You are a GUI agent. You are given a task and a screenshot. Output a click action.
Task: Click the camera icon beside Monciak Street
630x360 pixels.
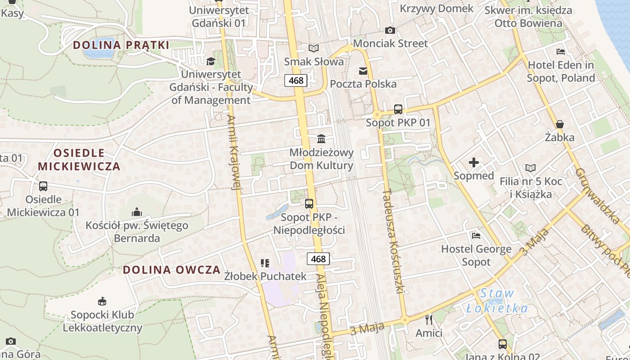(390, 30)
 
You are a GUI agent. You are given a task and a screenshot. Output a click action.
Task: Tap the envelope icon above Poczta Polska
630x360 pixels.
(363, 71)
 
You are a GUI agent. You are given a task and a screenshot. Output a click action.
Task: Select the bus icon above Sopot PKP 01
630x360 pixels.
(398, 109)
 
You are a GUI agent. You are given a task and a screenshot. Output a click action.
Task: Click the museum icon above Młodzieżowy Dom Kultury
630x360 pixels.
(321, 139)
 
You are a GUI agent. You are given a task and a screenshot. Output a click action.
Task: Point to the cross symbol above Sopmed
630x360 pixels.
(473, 162)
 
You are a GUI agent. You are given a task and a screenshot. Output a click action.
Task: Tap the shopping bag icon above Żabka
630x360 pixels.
(560, 124)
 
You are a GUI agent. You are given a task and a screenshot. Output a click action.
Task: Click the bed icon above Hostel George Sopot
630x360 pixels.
(476, 235)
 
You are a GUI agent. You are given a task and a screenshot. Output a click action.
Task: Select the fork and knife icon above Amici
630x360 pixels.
(429, 320)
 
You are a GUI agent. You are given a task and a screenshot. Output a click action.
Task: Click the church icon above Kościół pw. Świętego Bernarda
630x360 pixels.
(137, 212)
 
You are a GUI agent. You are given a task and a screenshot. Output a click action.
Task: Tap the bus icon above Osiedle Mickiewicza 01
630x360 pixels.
(43, 186)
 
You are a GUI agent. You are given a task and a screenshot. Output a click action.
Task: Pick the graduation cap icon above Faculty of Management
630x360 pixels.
(211, 61)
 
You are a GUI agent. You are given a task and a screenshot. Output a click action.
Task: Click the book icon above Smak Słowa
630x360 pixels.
(314, 48)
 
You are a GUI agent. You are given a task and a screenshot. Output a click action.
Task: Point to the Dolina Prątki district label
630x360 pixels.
(121, 45)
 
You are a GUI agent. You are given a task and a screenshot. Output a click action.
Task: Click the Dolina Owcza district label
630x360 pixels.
(171, 270)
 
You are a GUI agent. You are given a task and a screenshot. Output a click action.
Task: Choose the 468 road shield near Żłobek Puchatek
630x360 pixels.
(318, 259)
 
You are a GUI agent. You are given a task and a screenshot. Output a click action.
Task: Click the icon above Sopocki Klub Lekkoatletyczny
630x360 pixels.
(102, 301)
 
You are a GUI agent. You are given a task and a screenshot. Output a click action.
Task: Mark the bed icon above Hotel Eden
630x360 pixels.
(561, 51)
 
